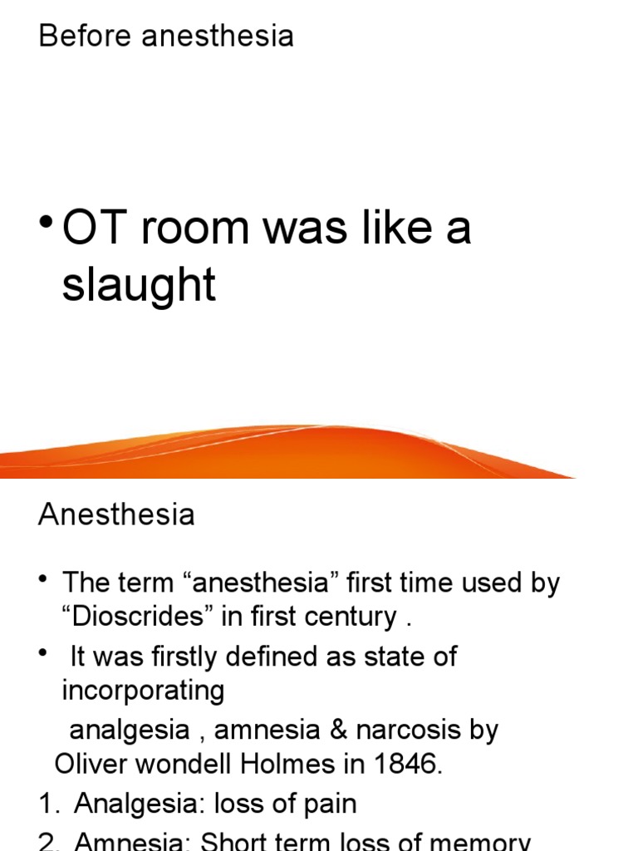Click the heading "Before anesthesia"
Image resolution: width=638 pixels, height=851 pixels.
[x=165, y=36]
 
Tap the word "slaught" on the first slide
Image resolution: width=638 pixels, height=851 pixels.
[x=139, y=285]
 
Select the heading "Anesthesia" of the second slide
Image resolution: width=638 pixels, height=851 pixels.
[x=116, y=514]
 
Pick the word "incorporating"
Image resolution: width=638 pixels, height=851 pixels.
[x=143, y=690]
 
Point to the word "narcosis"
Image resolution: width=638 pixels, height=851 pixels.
[x=407, y=730]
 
